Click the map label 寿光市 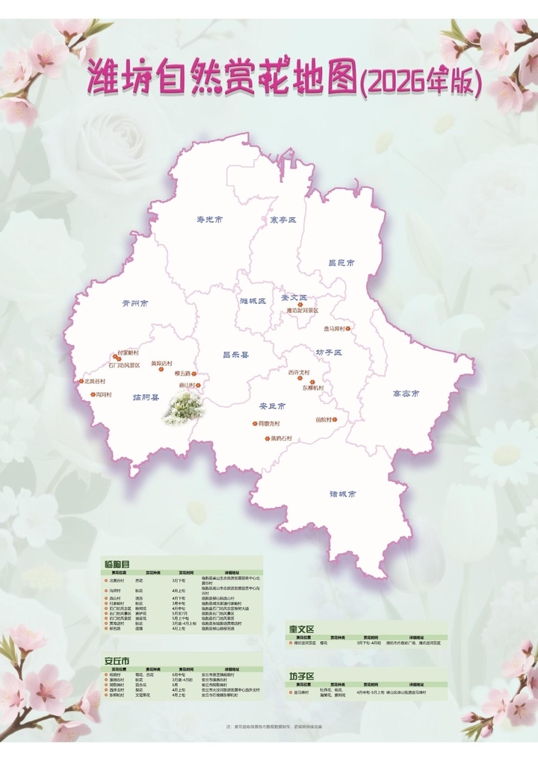click(x=210, y=220)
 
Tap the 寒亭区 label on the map click(x=283, y=220)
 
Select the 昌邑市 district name click(x=341, y=263)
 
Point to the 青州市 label click(x=135, y=304)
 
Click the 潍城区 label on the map click(x=253, y=301)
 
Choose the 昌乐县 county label click(x=235, y=355)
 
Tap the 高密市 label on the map click(x=406, y=393)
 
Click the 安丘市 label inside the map click(x=272, y=406)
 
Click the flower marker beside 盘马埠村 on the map click(x=347, y=328)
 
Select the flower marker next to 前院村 click(x=335, y=420)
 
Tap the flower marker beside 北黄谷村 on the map click(x=79, y=381)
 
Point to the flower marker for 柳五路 click(x=194, y=373)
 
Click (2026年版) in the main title click(x=420, y=81)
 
